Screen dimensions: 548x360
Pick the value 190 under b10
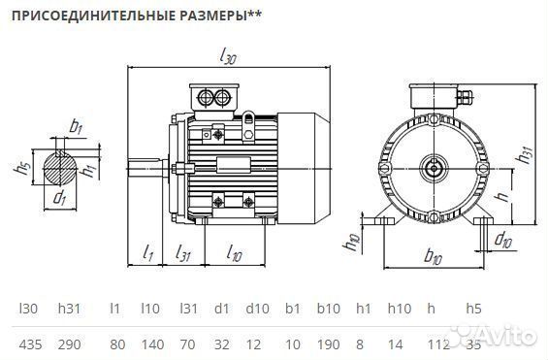pos(328,343)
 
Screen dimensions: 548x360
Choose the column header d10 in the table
pos(255,309)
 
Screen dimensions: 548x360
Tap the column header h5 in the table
pos(473,309)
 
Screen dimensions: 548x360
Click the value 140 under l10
pos(150,343)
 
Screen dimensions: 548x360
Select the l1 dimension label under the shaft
pos(147,253)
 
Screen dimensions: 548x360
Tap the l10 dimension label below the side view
pos(234,253)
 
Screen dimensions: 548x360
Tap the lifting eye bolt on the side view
pos(248,119)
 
